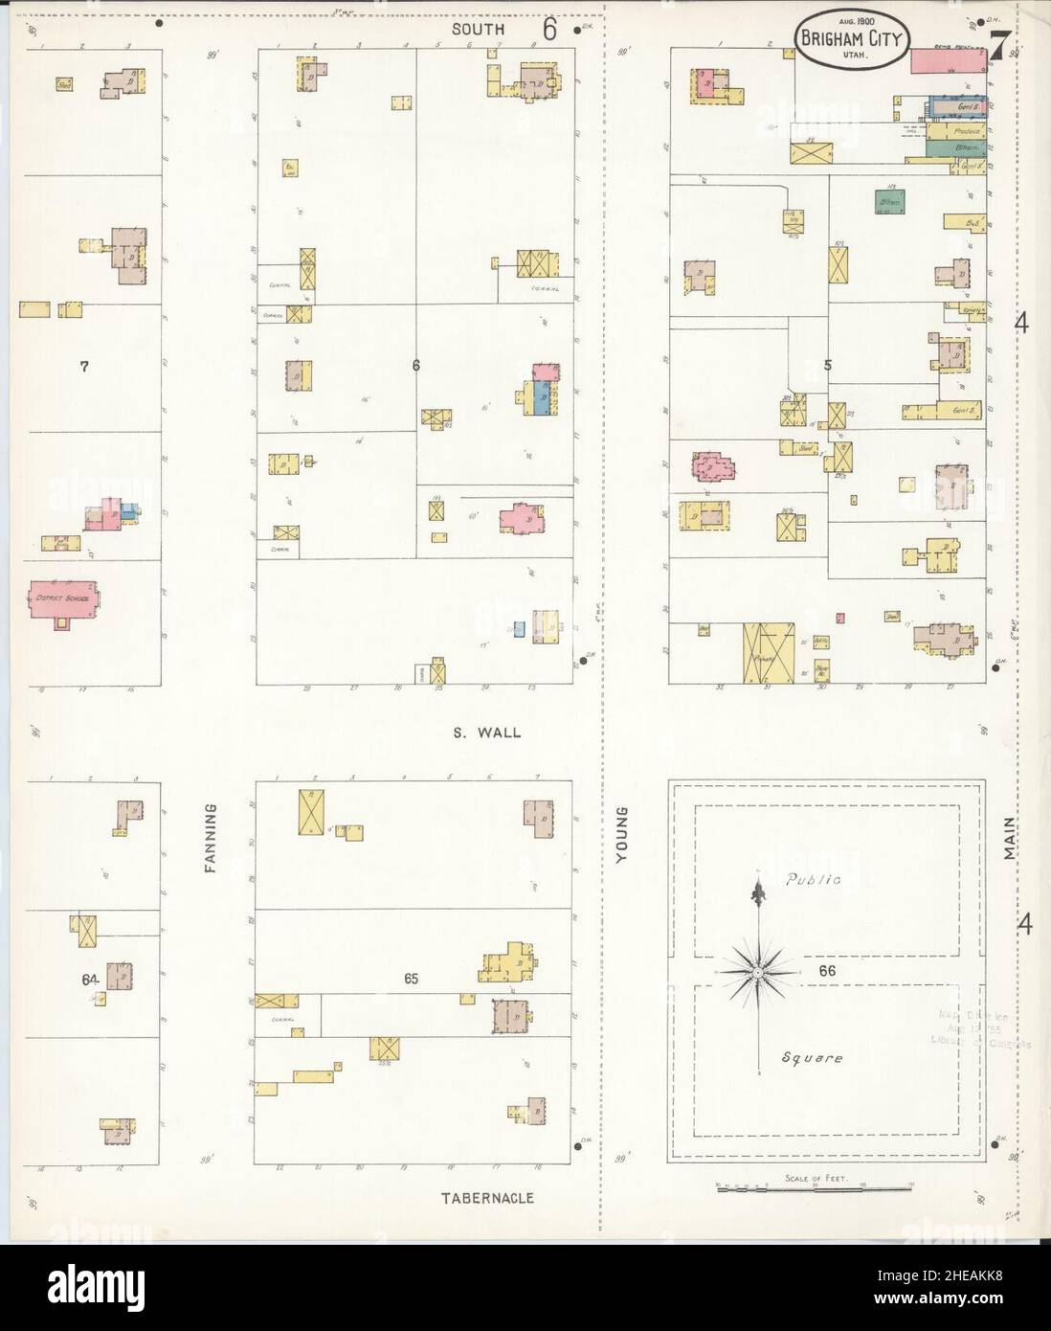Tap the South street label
tap(479, 30)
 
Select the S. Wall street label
tap(488, 733)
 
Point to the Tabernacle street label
tap(487, 1198)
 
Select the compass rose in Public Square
tap(758, 971)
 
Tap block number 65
tap(412, 979)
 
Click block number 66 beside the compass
tap(829, 971)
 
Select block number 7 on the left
tap(84, 365)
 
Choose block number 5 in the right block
tap(827, 365)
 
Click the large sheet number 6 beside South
tap(549, 30)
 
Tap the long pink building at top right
tap(949, 61)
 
